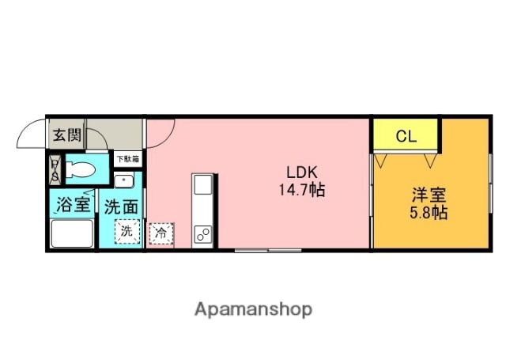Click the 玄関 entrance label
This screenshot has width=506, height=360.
point(67,135)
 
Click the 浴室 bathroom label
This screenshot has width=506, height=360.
point(72,206)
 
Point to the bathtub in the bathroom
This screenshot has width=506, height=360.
point(72,234)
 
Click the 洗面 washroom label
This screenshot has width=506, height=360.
point(122,207)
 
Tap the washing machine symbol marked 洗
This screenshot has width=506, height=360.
point(126,233)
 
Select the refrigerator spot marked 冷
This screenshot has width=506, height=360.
point(160,233)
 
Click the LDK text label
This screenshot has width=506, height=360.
point(301,172)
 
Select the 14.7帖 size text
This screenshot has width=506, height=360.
point(301,190)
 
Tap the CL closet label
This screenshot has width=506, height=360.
point(406,135)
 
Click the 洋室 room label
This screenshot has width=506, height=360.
point(429,194)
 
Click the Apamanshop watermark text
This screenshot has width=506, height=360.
point(253,309)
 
